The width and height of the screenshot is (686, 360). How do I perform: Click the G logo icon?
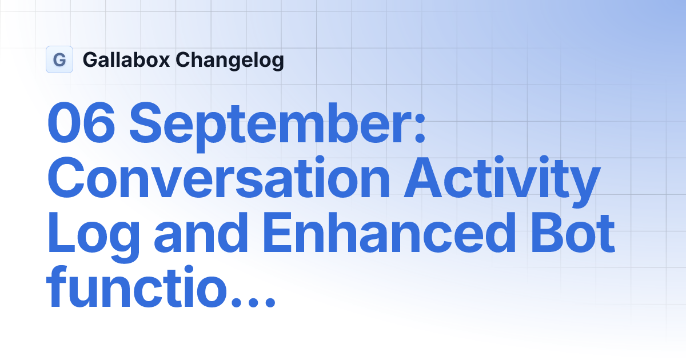pyautogui.click(x=59, y=59)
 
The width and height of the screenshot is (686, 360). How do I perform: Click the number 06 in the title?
pyautogui.click(x=82, y=124)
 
